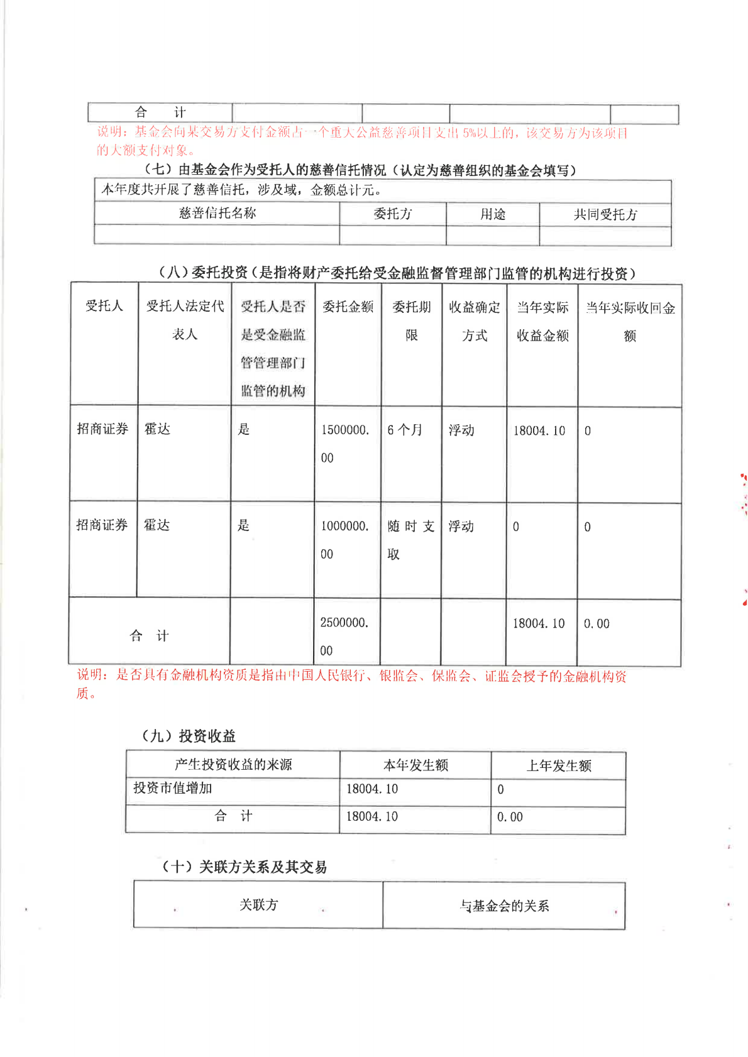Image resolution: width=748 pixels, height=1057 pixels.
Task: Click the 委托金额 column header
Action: coord(348,307)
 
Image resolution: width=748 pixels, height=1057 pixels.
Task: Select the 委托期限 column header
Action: coord(412,320)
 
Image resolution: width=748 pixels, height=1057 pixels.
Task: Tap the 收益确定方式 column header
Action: coord(475,321)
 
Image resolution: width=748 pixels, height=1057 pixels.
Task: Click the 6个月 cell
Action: coord(405,430)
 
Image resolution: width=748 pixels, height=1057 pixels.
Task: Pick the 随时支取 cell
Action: coord(411,540)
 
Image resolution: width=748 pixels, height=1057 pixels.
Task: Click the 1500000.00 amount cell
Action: coord(345,444)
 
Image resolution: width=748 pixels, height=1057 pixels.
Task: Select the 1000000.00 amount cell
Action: coord(344,540)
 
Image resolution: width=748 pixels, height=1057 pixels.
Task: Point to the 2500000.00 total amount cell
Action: coord(344,636)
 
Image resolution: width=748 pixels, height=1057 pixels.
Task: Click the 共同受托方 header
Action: coord(605,215)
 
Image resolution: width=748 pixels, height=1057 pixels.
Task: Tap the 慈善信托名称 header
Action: coord(217,214)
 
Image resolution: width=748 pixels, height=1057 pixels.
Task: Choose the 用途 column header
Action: coord(493,215)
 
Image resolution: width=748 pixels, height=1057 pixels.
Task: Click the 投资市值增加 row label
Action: coord(173,788)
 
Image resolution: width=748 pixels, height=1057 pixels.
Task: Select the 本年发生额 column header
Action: coord(415,765)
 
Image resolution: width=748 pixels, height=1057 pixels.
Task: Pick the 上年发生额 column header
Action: coord(559,766)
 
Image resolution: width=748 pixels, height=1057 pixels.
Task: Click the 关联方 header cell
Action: coord(258,905)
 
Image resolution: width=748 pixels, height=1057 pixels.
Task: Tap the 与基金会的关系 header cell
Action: coord(504,906)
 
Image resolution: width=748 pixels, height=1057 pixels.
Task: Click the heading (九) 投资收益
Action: coord(189,736)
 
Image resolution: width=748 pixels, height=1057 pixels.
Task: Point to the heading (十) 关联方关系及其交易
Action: coord(245,867)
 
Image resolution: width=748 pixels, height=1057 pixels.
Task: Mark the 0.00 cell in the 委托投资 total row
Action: coord(597,624)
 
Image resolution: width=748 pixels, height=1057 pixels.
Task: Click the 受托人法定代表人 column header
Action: coord(185,320)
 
